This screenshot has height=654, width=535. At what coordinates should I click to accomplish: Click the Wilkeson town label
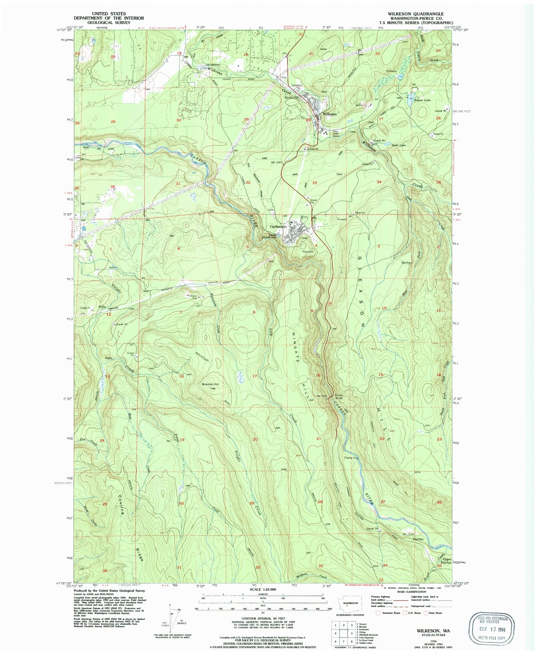[x=329, y=114]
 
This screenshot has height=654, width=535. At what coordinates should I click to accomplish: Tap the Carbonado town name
[x=278, y=226]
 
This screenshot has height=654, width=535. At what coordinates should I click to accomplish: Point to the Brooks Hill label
[x=210, y=384]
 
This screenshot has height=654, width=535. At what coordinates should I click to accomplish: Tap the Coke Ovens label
[x=336, y=135]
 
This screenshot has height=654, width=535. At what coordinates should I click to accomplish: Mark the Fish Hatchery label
[x=213, y=65]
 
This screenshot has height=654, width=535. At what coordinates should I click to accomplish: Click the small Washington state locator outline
[x=347, y=604]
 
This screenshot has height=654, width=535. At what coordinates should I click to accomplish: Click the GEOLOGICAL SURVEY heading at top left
[x=109, y=22]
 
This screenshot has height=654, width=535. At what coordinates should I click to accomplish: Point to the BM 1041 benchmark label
[x=277, y=162]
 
